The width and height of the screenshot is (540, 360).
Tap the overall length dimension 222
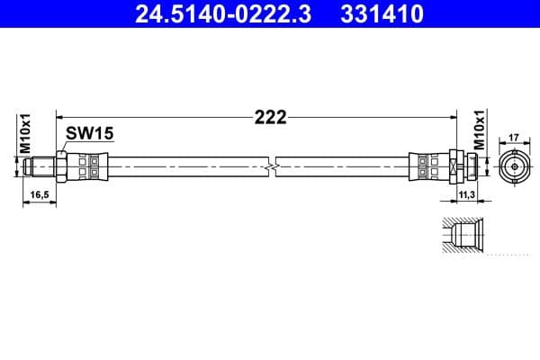tap(269, 117)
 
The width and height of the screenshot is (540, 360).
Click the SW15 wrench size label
tap(88, 134)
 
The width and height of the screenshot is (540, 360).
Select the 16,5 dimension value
tap(38, 193)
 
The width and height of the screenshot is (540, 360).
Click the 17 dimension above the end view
tap(513, 137)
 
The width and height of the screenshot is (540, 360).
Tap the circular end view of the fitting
tap(513, 166)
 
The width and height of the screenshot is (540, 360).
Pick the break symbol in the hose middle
tap(271, 166)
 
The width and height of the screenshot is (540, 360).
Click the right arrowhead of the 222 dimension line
tap(447, 116)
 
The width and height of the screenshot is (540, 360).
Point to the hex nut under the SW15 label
tap(61, 166)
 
